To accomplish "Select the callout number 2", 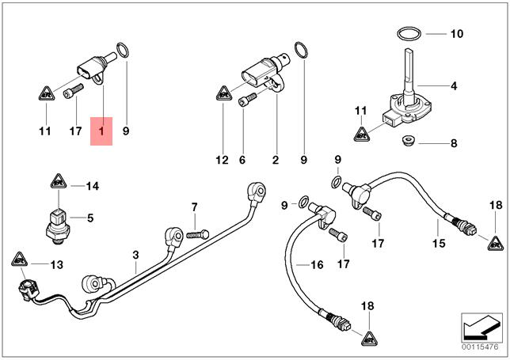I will tap(276, 160).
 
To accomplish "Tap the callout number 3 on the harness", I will tap(135, 255).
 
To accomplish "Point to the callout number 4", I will tap(454, 85).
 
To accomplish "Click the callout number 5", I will tap(90, 218).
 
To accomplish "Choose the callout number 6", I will tap(242, 160).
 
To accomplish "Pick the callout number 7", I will tap(192, 207).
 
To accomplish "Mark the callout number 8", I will tap(454, 144).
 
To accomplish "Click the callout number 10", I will tap(455, 34).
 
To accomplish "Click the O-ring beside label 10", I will tap(409, 34).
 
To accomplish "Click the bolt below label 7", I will tap(196, 234).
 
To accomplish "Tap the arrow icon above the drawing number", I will tap(480, 325).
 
